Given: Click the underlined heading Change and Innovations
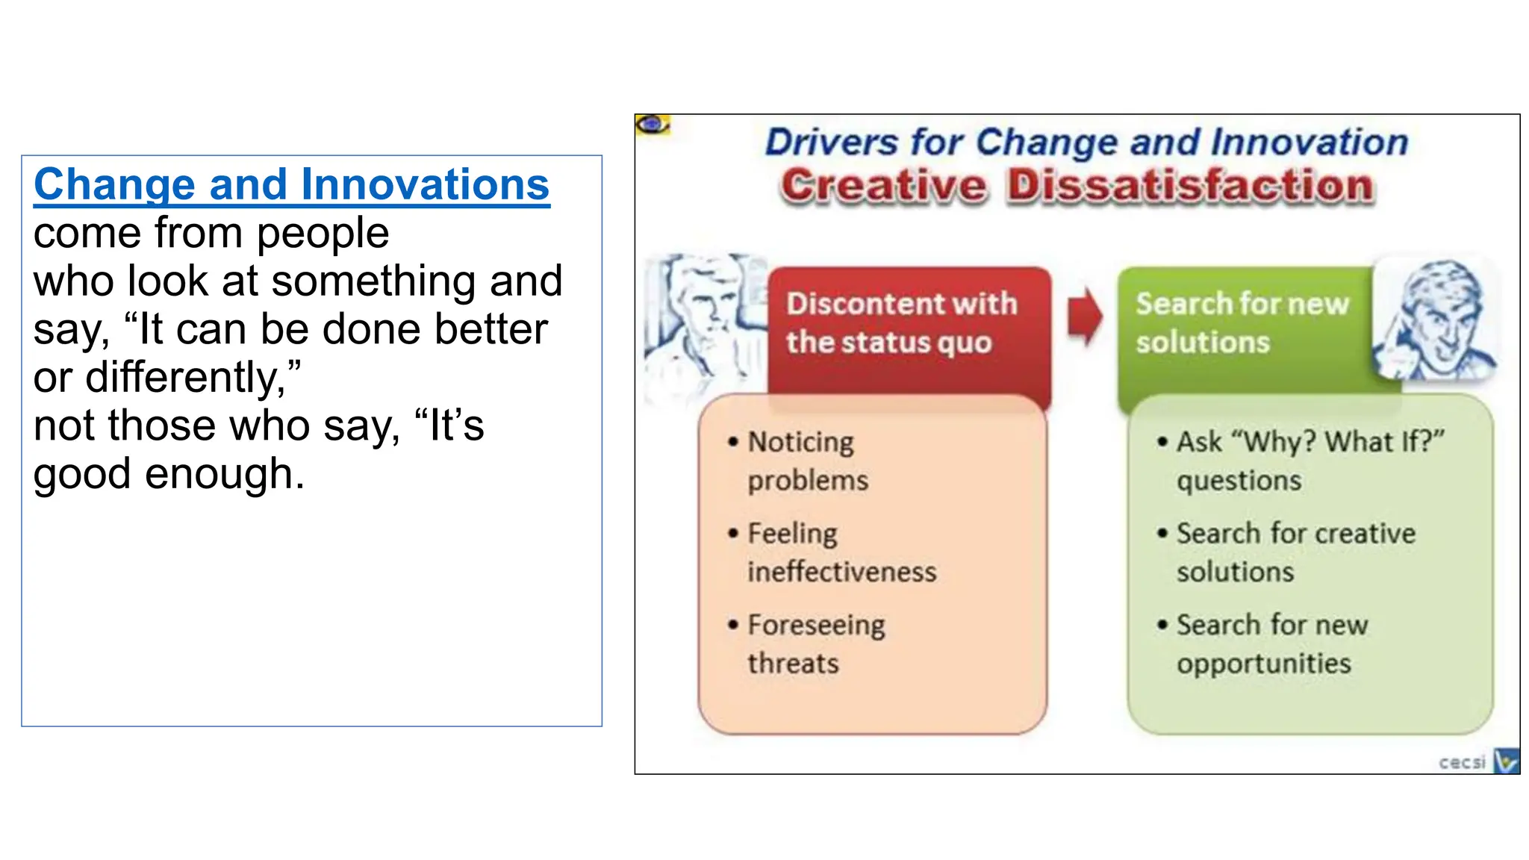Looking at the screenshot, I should [x=291, y=184].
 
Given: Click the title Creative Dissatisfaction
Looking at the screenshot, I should [x=1077, y=186].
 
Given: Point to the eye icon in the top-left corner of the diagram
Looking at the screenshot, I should [x=653, y=125].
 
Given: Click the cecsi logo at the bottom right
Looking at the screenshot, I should [x=1478, y=761].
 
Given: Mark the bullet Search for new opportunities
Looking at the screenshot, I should [x=1271, y=644].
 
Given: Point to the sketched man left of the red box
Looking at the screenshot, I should [x=702, y=321].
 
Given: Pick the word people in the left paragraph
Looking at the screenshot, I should [x=323, y=234].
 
